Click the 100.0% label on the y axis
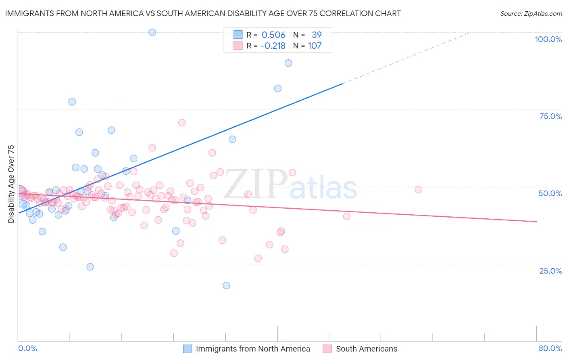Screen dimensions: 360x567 tap(548, 39)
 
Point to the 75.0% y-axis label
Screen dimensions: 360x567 tap(550, 116)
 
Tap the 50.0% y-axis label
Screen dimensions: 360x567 tap(550, 193)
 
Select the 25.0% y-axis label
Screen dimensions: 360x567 tap(550, 271)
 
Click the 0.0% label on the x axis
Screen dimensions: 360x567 tap(27, 348)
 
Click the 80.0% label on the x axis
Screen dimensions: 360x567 tap(550, 348)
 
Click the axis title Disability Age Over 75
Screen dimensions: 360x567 tap(11, 184)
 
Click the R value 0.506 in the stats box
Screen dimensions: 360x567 tap(273, 35)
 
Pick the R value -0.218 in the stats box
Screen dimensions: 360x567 tap(273, 46)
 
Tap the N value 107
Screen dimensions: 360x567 tap(315, 46)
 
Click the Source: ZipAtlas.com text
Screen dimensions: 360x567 tap(531, 14)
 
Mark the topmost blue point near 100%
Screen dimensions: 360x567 tap(152, 32)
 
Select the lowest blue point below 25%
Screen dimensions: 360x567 tap(226, 285)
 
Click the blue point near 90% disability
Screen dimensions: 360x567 tap(288, 63)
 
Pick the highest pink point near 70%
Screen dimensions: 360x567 tap(182, 123)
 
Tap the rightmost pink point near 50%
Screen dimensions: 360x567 tap(418, 190)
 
